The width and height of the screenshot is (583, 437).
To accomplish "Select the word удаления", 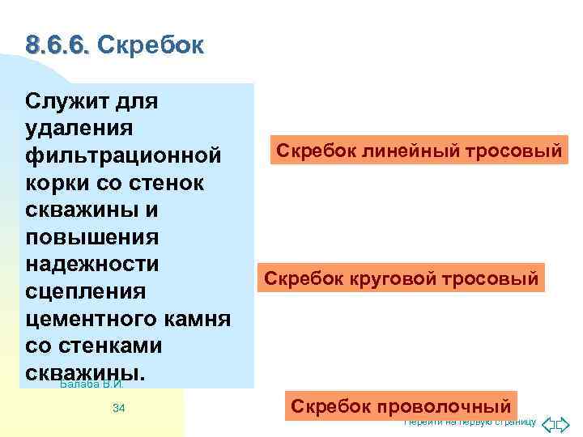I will (x=79, y=129).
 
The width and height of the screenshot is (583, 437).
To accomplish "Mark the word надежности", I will (x=91, y=265).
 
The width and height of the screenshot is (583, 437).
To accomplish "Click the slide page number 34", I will (x=118, y=409).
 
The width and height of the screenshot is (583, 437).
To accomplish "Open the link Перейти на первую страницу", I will (x=470, y=422).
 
